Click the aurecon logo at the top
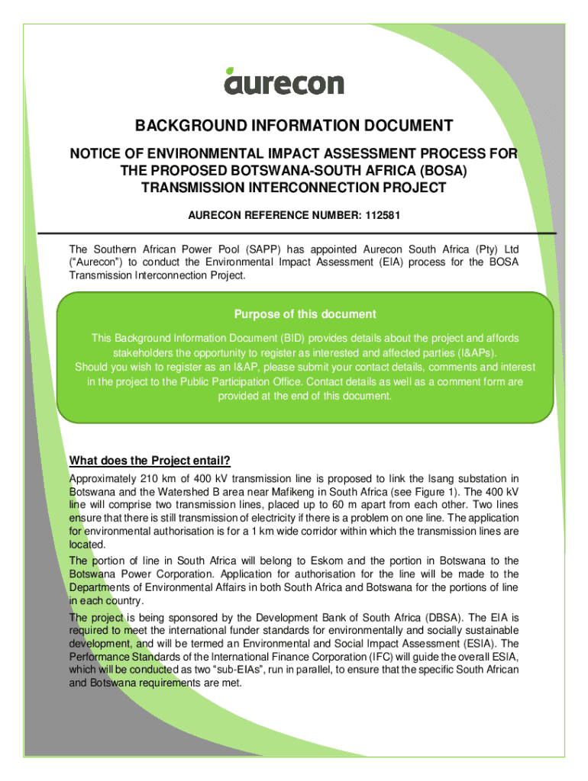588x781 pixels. coord(283,81)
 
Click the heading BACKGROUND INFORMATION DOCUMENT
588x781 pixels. coord(294,126)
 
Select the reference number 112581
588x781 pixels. coord(382,217)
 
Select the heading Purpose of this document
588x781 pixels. coord(305,314)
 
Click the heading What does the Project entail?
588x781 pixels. coord(150,461)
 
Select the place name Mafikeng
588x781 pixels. coord(306,492)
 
